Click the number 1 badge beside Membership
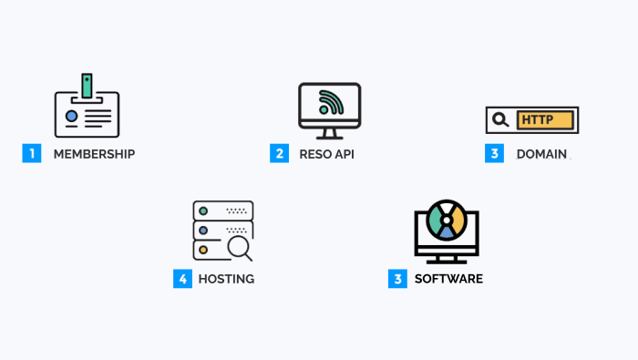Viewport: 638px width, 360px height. (x=32, y=154)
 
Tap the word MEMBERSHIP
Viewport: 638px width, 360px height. (x=94, y=154)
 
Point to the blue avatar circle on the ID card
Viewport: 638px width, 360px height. (x=71, y=117)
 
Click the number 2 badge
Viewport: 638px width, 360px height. (x=279, y=154)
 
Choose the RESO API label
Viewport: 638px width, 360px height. (x=326, y=154)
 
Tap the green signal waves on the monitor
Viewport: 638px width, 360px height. (x=333, y=103)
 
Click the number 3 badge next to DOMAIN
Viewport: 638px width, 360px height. (x=494, y=154)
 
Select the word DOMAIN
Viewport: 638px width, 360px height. (x=541, y=154)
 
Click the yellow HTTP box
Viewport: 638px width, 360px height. (x=545, y=119)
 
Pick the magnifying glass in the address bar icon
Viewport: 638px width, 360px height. (x=499, y=119)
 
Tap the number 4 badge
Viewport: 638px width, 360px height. (x=182, y=279)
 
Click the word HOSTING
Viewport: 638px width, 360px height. (x=226, y=279)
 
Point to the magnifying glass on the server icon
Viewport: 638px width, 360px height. (x=239, y=245)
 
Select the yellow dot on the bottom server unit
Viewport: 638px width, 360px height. (x=204, y=249)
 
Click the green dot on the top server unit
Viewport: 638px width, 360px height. (x=204, y=211)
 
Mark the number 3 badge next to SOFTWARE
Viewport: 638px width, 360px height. (x=397, y=279)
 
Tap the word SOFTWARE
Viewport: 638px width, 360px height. (x=448, y=279)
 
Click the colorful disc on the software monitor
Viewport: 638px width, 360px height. (x=447, y=220)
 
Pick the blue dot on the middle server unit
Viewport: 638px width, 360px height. (x=204, y=230)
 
